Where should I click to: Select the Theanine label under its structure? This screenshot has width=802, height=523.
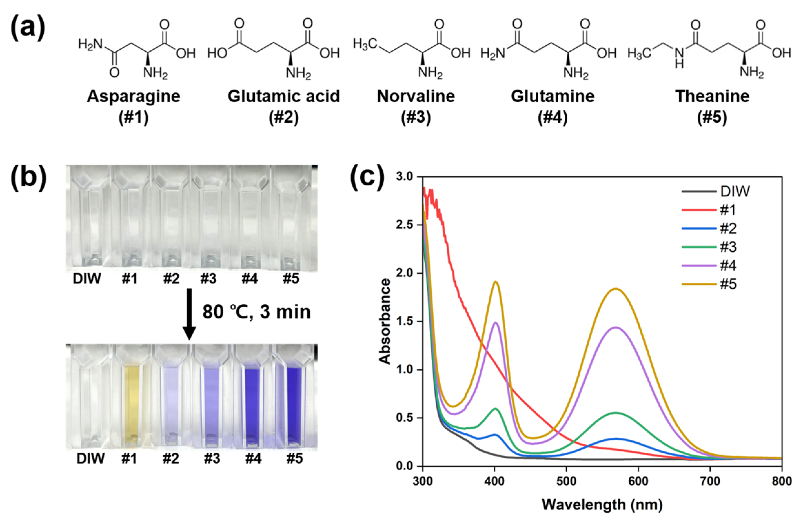click(712, 97)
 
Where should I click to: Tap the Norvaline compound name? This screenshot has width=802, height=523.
click(416, 97)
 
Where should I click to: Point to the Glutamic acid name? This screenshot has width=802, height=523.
click(283, 97)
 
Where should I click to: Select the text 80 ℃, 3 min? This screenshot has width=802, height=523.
click(257, 312)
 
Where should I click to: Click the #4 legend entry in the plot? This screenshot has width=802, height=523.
click(728, 266)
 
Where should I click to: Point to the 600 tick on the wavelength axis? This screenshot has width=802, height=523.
click(638, 481)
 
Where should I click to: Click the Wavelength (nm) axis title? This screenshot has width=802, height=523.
click(602, 505)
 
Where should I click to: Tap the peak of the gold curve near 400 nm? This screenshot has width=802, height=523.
click(496, 282)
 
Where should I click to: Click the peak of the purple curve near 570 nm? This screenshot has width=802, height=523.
click(616, 327)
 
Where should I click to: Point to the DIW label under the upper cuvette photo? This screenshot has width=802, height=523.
click(87, 279)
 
